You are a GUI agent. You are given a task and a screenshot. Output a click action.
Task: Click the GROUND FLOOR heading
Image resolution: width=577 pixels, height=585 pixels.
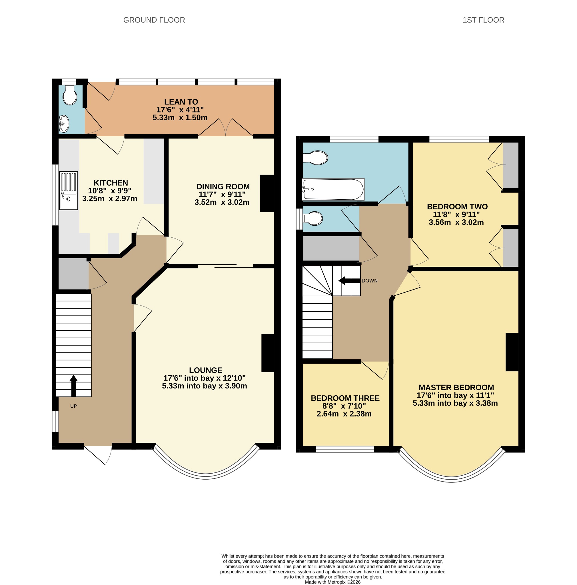(x=154, y=20)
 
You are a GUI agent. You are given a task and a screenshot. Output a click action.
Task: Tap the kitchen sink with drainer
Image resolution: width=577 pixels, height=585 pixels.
(x=69, y=191)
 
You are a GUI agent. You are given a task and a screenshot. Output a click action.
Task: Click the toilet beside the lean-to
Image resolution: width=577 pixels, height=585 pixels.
(x=70, y=95)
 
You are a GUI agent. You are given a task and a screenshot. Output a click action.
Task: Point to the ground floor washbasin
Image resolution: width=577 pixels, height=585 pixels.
(x=64, y=123)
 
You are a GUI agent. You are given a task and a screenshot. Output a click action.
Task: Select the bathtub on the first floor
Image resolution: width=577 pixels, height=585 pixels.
(x=333, y=189)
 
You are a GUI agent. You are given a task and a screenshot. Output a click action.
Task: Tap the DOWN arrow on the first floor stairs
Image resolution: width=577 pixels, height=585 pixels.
(x=349, y=281)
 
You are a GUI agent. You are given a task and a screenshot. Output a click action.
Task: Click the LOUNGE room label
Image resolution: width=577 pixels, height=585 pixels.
(x=206, y=370)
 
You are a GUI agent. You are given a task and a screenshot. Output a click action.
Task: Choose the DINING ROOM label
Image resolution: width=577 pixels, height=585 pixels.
(x=223, y=187)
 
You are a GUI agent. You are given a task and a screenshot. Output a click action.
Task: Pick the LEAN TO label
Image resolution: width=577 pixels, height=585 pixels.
(x=181, y=102)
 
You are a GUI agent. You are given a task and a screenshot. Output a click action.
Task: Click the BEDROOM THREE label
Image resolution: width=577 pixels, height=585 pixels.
(x=345, y=398)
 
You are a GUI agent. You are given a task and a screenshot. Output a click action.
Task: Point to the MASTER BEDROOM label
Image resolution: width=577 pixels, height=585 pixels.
(x=456, y=388)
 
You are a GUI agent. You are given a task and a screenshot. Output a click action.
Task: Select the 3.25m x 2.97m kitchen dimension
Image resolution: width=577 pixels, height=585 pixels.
(x=110, y=199)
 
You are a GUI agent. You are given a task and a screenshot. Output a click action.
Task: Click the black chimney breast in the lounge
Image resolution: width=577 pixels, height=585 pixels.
(x=268, y=353)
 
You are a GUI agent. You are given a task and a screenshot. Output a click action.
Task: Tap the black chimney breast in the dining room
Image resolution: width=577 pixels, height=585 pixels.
(x=267, y=193)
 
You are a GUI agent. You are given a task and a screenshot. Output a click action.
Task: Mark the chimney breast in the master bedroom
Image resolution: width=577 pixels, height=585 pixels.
(x=512, y=352)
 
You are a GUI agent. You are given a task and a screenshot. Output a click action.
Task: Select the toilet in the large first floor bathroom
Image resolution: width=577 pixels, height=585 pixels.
(x=316, y=158)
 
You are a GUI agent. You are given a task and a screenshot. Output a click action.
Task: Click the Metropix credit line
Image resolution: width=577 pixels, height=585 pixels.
(x=333, y=582)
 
